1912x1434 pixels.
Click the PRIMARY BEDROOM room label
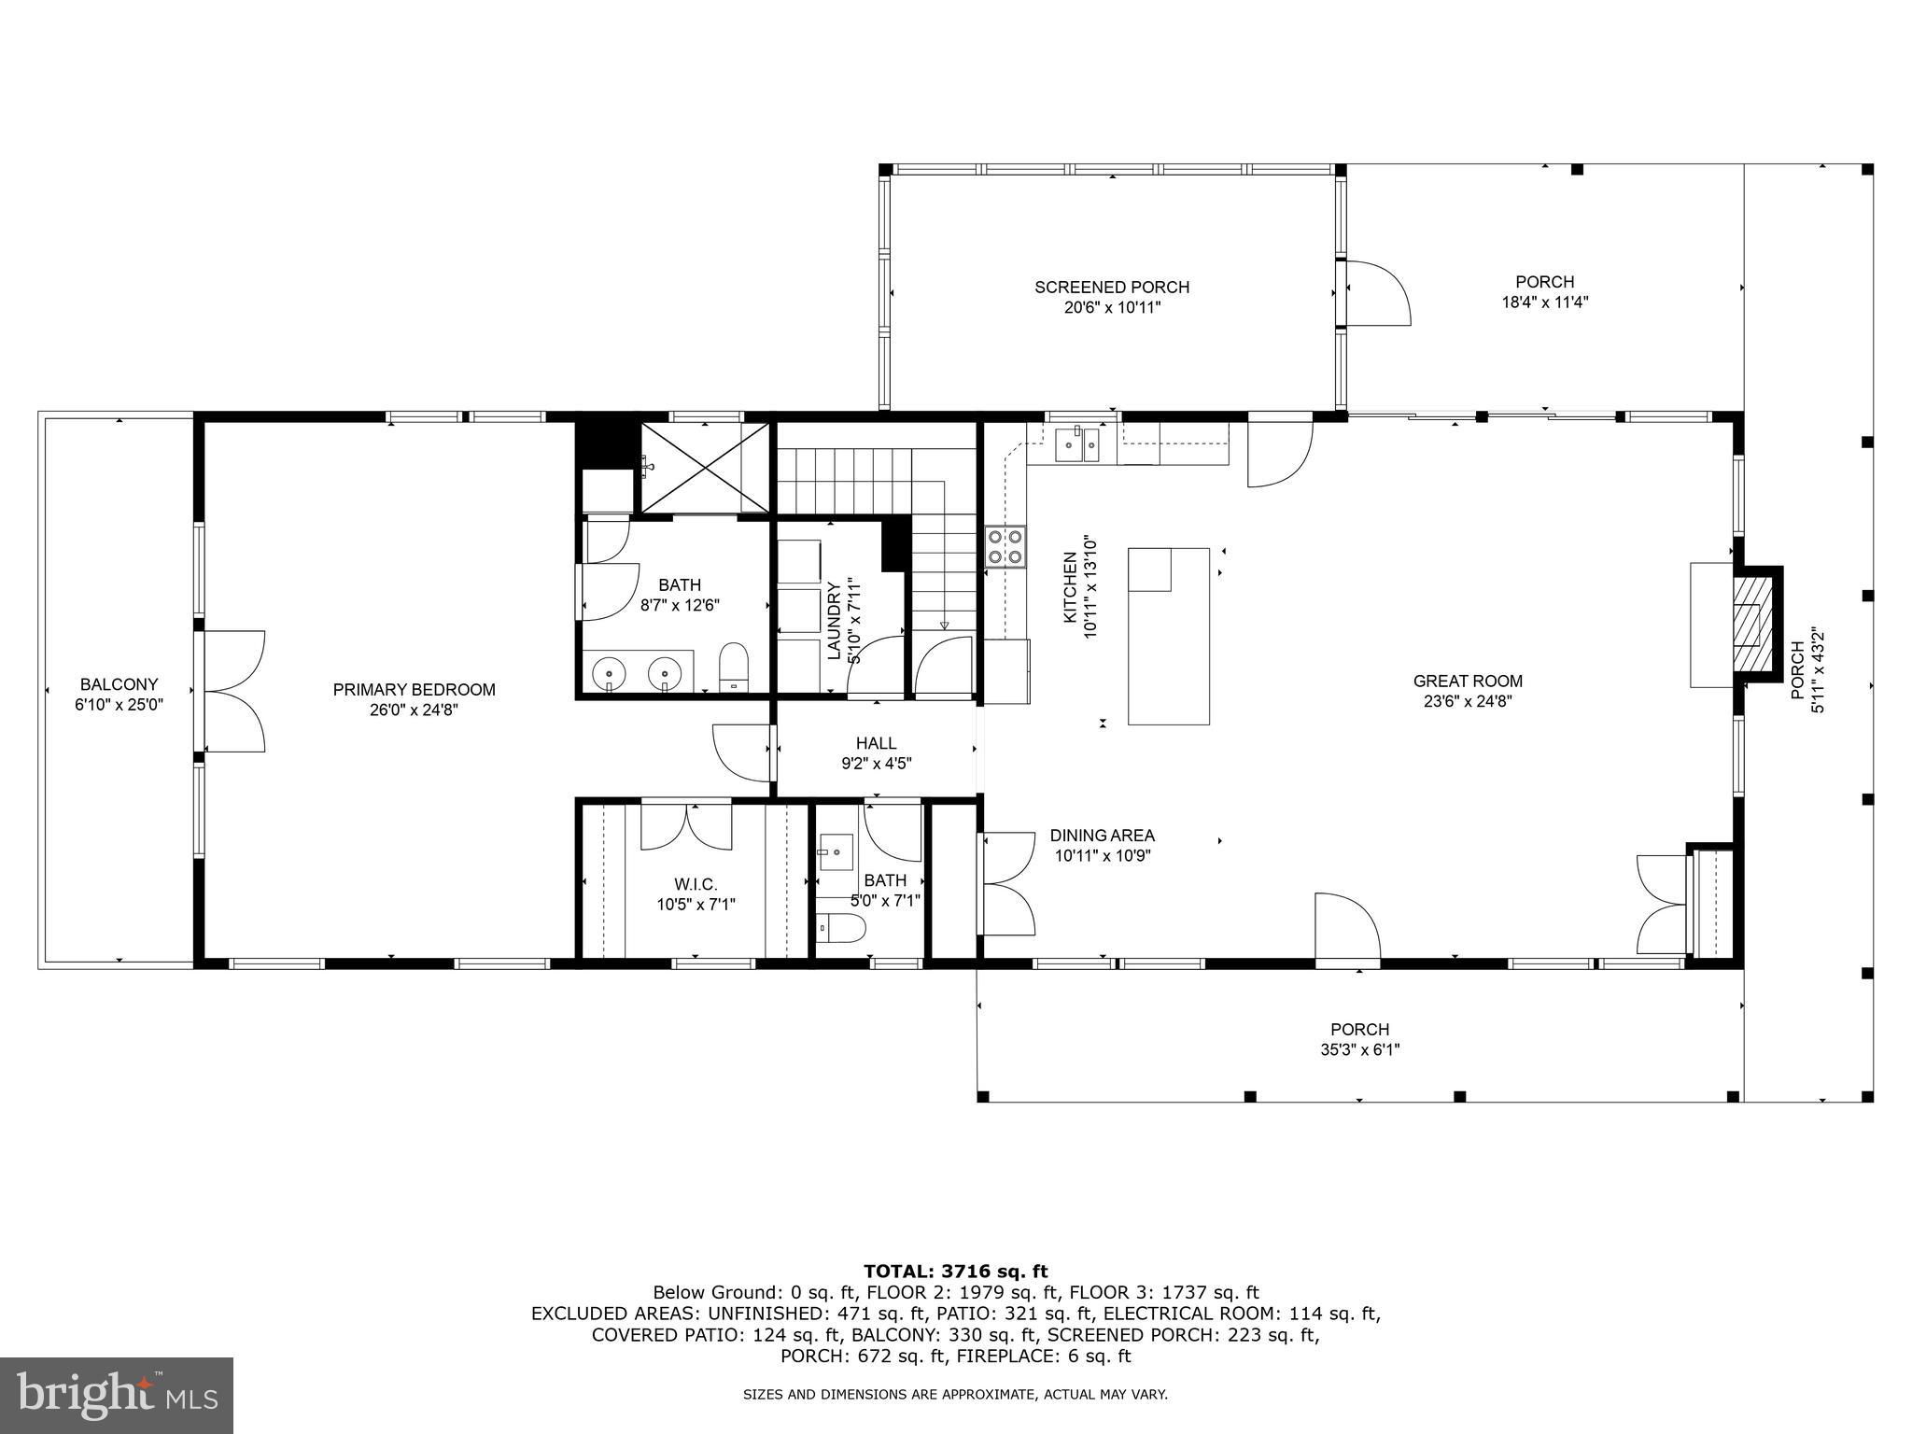[414, 690]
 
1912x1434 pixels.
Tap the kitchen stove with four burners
[1005, 547]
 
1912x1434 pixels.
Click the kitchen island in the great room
[1169, 636]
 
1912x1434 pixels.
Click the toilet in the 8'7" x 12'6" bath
[735, 666]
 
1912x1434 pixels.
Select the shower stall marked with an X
[704, 468]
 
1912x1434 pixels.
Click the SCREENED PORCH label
[1111, 287]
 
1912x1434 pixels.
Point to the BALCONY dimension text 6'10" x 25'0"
[119, 705]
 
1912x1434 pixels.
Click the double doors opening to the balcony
[233, 691]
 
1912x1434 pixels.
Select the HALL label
[876, 743]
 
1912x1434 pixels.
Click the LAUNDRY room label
[834, 620]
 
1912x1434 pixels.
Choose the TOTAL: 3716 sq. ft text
[955, 1271]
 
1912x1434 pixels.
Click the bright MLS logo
[117, 1395]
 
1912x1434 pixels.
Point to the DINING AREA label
[1102, 836]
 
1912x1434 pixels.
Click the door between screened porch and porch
[1376, 293]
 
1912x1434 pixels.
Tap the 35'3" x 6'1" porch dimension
[1359, 1049]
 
